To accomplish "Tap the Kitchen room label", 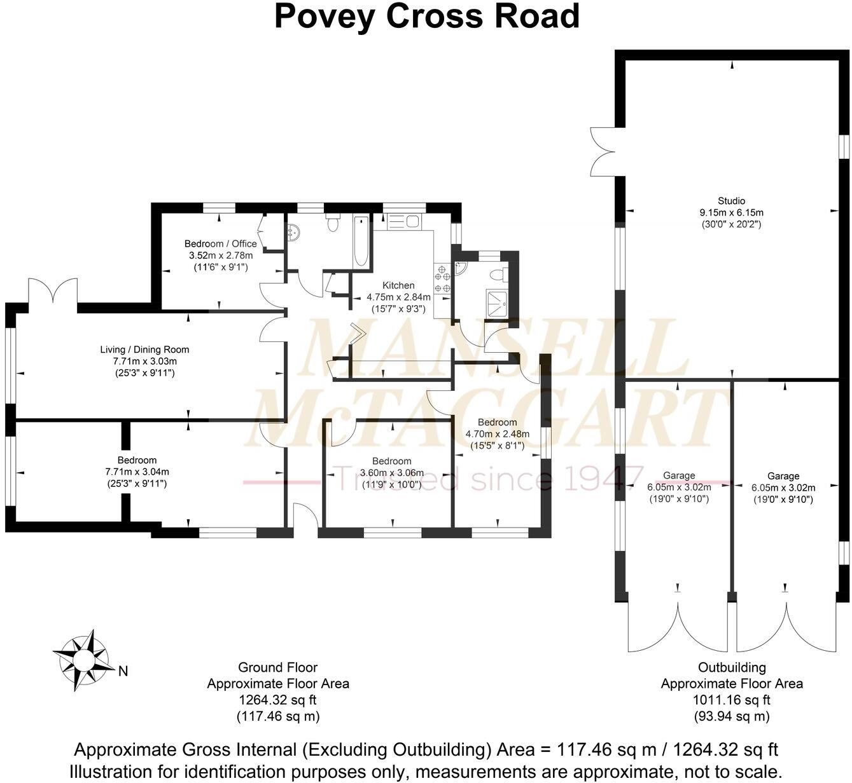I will tap(398, 285).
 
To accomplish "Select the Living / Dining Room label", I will tap(144, 349).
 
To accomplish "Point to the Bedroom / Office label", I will tap(220, 243).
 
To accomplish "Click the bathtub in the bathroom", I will tap(360, 242).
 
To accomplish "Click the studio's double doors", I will tap(602, 152).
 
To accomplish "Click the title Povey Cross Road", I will tap(426, 17).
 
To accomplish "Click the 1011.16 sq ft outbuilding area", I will tap(731, 700).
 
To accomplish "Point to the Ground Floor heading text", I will tap(277, 667).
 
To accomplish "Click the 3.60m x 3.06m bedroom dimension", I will tap(391, 473).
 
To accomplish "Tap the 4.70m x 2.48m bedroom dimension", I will tap(497, 434).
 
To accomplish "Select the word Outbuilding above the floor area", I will tap(732, 667).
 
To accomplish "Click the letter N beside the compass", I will tap(123, 671).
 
